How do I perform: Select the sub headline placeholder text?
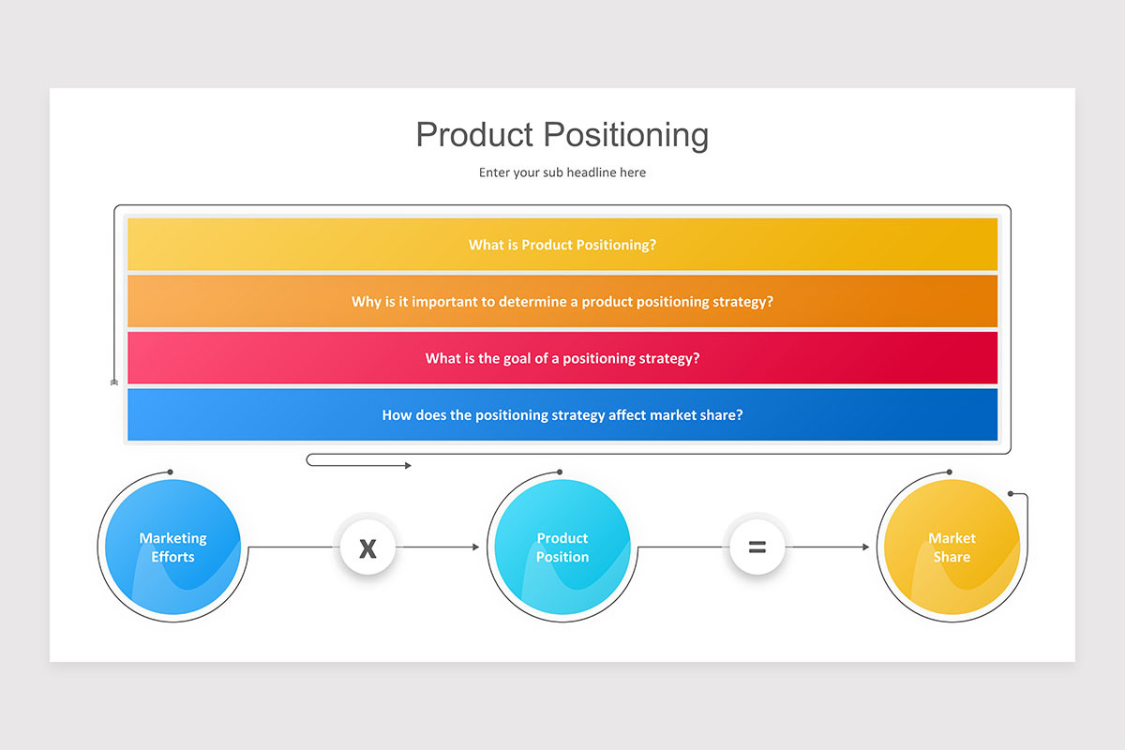[562, 172]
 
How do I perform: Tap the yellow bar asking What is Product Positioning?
[562, 245]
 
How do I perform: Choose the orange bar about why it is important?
[562, 302]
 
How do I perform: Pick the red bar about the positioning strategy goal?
[562, 358]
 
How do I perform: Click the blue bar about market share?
[562, 414]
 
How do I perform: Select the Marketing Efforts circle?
[172, 547]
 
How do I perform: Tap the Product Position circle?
[562, 547]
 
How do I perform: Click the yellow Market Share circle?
[952, 547]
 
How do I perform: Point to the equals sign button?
[757, 547]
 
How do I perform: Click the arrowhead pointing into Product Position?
[475, 547]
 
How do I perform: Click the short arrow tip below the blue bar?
[408, 466]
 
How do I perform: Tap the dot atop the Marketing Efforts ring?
[170, 472]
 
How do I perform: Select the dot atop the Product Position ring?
[560, 472]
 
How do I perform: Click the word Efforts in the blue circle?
[173, 557]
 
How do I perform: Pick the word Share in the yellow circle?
[952, 557]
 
